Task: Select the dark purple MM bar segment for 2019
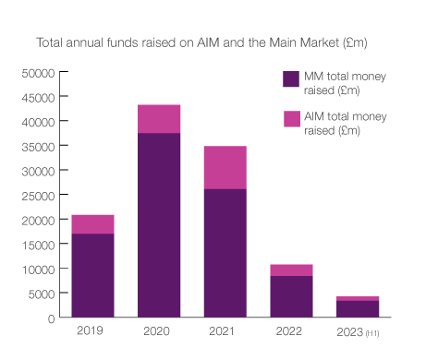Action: point(92,275)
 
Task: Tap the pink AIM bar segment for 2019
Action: point(92,223)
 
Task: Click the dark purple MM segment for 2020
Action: point(159,225)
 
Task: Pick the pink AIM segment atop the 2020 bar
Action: point(159,119)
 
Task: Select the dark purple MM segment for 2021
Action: point(225,253)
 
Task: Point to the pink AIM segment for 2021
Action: point(225,167)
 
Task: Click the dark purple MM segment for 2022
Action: point(291,296)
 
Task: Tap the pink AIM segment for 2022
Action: point(291,270)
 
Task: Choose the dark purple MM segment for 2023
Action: point(357,308)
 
